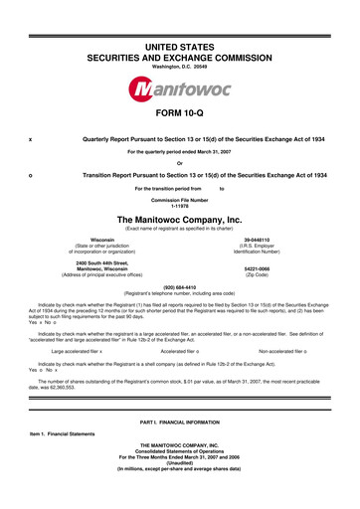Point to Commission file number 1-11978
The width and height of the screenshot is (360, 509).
tap(180, 207)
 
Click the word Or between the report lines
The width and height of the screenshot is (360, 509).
tap(180, 163)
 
